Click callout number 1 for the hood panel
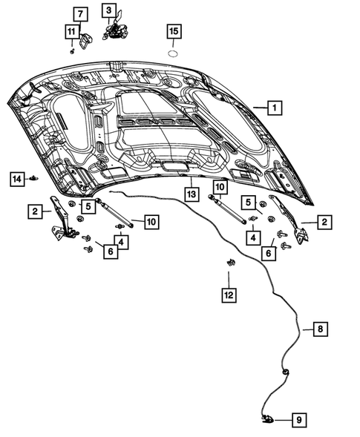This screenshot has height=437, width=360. [274, 108]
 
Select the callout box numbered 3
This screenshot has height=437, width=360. [109, 10]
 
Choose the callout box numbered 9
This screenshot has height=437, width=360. [299, 420]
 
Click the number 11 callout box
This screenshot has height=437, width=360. [71, 31]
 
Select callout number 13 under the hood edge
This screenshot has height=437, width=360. [191, 194]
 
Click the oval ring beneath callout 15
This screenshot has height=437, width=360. [172, 54]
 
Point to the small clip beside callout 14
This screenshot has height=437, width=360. [34, 178]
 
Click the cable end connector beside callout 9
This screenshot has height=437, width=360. [267, 420]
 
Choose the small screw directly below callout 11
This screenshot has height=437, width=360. [72, 50]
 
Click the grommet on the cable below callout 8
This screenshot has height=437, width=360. [285, 371]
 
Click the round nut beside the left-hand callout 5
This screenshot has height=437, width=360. [71, 205]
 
